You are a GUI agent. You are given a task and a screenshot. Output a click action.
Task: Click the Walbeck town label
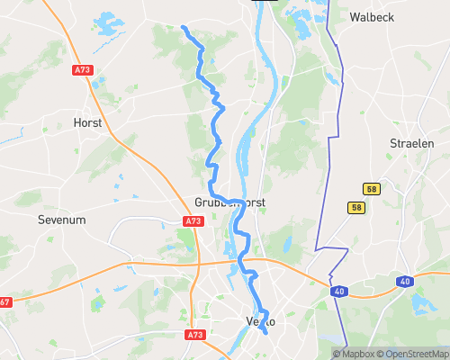click(372, 17)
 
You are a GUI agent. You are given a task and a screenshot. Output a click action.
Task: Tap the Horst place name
click(87, 121)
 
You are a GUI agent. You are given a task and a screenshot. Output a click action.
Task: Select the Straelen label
click(411, 143)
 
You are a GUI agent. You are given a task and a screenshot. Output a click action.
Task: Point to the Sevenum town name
click(60, 219)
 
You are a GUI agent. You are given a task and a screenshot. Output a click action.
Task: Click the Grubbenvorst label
click(231, 202)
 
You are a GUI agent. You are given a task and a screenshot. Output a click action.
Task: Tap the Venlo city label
click(259, 321)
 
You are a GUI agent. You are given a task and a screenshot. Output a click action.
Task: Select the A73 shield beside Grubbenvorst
click(193, 220)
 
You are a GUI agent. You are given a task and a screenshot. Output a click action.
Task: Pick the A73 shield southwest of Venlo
click(194, 335)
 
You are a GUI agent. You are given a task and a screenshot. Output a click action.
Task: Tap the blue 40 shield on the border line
click(339, 292)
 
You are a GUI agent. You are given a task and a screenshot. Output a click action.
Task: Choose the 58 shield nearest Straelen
click(371, 188)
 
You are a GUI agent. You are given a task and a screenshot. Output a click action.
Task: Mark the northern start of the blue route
click(184, 29)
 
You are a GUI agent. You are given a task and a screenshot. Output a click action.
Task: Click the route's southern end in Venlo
click(265, 332)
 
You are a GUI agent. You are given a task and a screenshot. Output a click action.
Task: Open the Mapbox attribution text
click(356, 354)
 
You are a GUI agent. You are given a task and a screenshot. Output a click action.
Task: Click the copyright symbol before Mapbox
click(337, 354)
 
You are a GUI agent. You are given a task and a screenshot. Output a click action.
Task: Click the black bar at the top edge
click(264, 1)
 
